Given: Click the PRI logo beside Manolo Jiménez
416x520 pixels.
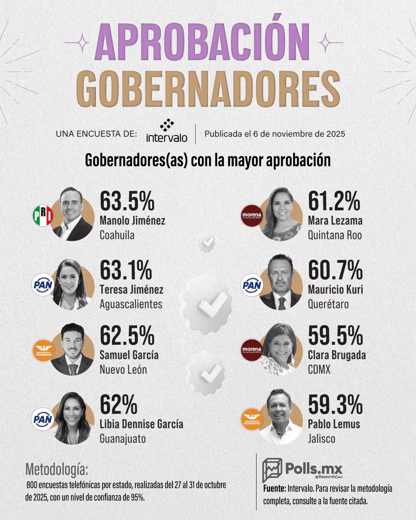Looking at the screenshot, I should (x=42, y=216).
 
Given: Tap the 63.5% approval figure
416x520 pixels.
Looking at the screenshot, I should (x=127, y=201).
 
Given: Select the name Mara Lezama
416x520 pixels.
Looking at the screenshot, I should (x=335, y=221).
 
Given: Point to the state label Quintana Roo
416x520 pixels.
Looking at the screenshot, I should (x=334, y=235).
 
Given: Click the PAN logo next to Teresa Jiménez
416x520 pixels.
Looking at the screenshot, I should (x=42, y=285).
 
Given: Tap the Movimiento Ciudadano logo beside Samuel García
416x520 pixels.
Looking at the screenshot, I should (x=43, y=351).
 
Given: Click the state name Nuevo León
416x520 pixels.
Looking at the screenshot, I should (x=123, y=370).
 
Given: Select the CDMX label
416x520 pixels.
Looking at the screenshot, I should (x=319, y=370).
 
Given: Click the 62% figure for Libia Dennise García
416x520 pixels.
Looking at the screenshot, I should (x=118, y=404).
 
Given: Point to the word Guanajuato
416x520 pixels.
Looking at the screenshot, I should (x=122, y=438).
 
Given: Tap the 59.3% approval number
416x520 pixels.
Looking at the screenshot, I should (x=335, y=404).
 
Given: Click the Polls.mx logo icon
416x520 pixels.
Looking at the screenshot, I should (x=272, y=470).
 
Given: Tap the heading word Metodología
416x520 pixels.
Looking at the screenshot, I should (x=57, y=470).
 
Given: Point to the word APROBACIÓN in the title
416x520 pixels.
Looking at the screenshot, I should (x=203, y=42).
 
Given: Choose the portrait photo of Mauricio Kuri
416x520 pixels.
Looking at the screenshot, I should (x=280, y=282).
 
